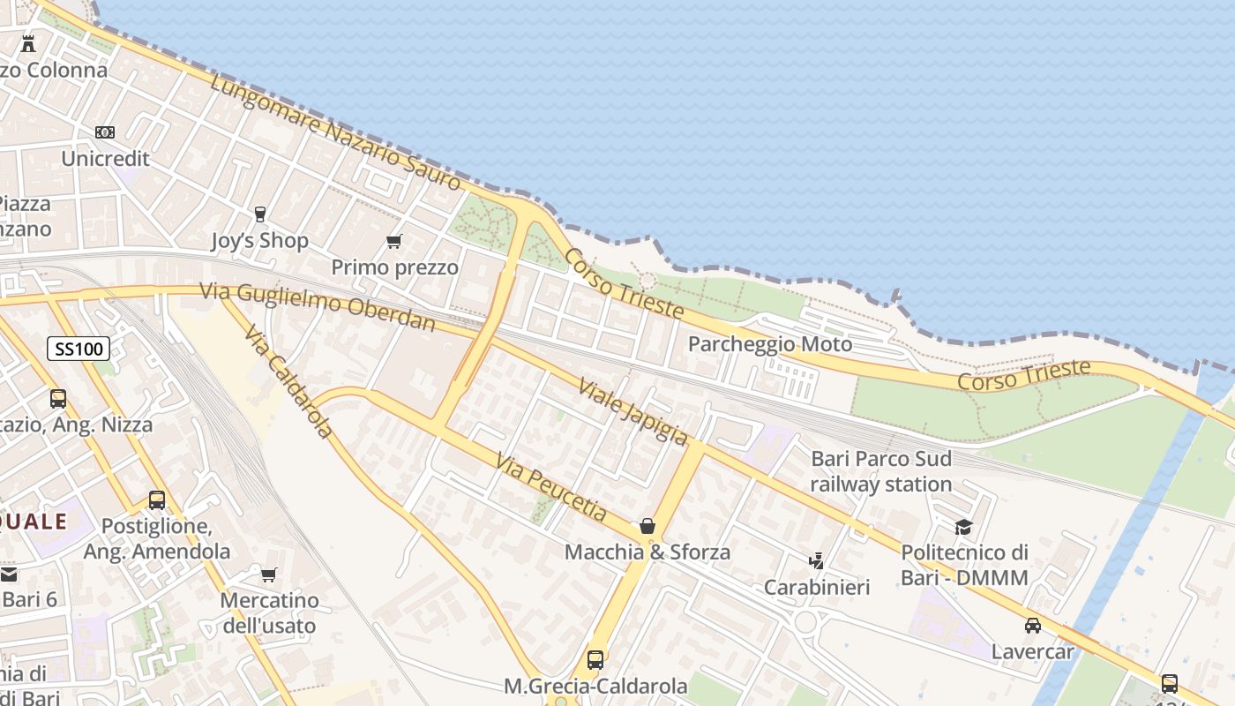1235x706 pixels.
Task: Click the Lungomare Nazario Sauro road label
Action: (335, 131)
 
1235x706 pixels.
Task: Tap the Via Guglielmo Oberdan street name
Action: (318, 306)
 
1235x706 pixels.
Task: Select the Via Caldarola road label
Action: (288, 381)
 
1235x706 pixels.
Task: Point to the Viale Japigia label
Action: (632, 411)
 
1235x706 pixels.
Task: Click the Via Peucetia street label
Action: (551, 486)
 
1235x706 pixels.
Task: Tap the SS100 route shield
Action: (79, 349)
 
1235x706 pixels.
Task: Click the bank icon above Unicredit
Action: (105, 132)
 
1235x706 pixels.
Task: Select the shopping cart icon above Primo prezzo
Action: (394, 241)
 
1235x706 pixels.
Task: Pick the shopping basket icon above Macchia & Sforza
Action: (647, 526)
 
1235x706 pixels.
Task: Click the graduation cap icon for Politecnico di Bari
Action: (963, 527)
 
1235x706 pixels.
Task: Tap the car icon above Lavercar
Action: (1032, 626)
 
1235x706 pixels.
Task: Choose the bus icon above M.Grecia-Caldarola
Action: (595, 659)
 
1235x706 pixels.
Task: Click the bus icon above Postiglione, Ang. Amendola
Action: (157, 500)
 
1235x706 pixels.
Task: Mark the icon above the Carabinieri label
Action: (817, 560)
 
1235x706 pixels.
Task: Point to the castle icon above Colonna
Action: (28, 43)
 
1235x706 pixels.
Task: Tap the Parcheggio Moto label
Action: (769, 344)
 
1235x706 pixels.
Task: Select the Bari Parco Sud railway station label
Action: (880, 471)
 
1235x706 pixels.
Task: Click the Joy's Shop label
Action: (259, 240)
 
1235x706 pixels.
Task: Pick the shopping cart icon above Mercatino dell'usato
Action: (269, 575)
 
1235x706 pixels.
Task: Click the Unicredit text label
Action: (105, 159)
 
